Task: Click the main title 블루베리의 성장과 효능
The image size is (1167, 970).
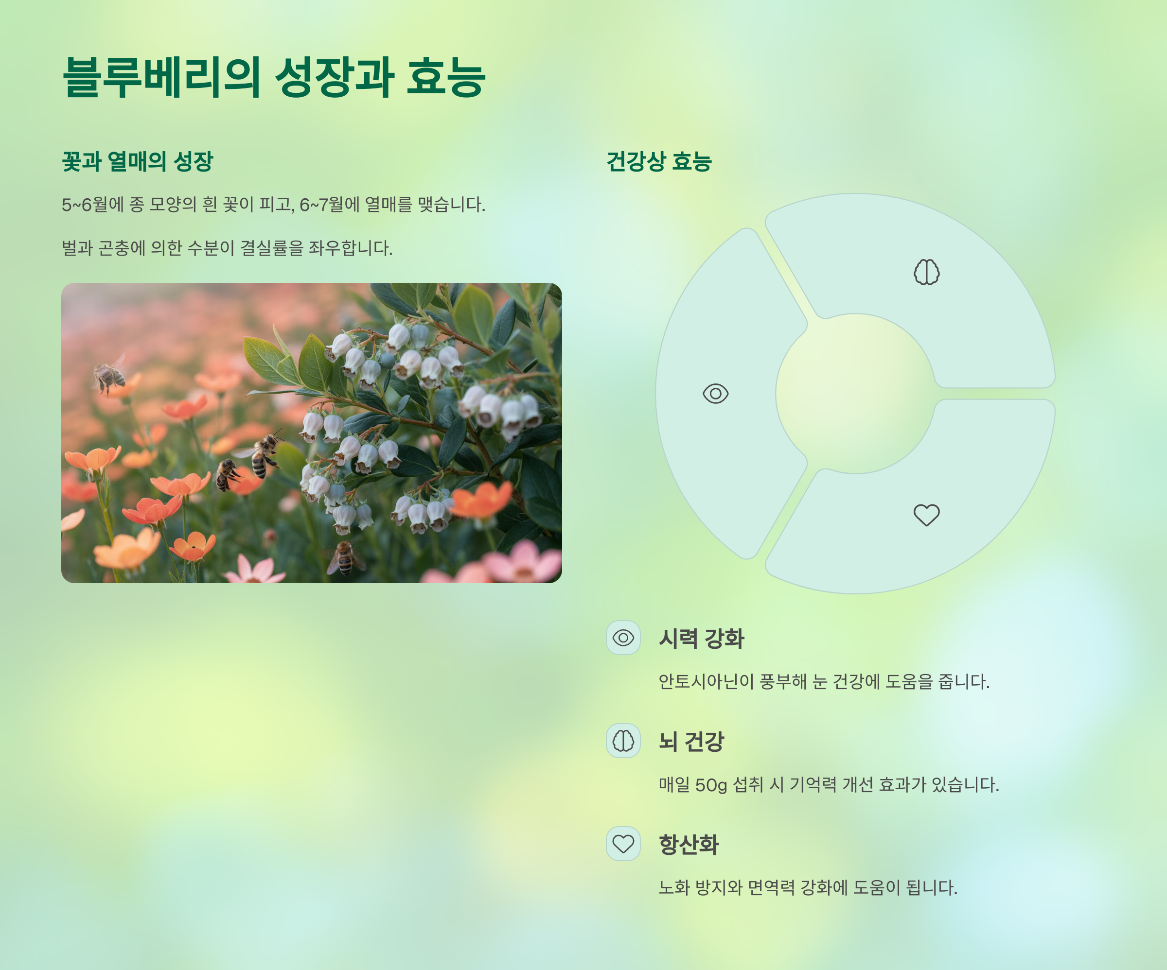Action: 273,77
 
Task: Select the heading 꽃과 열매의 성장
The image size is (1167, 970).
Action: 137,161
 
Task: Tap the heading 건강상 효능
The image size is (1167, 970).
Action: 658,161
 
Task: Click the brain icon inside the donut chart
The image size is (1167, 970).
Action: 926,272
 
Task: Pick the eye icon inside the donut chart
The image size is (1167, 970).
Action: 715,393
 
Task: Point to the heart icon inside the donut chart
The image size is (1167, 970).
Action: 926,515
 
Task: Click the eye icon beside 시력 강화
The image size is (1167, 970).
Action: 623,638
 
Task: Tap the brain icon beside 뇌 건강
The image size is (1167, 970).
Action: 623,741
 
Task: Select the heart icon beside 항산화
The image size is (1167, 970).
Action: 623,844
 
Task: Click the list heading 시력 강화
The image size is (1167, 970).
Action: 701,639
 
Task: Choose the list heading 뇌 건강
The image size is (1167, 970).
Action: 691,741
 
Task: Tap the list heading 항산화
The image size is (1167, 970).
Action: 689,845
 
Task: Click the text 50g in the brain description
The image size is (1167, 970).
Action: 711,785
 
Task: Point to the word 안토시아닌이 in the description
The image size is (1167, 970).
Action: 706,682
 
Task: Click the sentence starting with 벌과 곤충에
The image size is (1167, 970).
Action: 227,248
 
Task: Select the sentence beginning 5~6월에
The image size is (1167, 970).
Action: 273,205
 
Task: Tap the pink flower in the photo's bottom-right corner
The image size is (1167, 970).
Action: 522,564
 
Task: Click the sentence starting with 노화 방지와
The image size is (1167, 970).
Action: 808,888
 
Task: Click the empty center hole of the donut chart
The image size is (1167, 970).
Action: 855,393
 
